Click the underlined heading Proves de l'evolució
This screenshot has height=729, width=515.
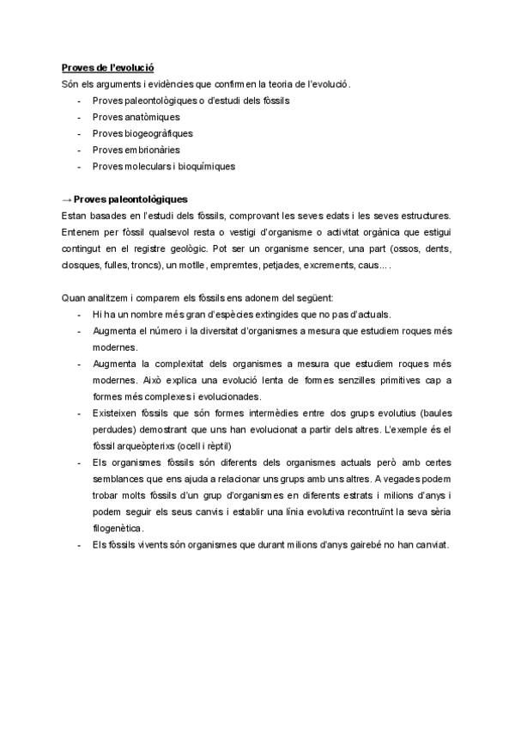pos(107,67)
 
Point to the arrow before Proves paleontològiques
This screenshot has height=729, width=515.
pos(67,199)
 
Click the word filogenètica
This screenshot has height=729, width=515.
pos(118,528)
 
